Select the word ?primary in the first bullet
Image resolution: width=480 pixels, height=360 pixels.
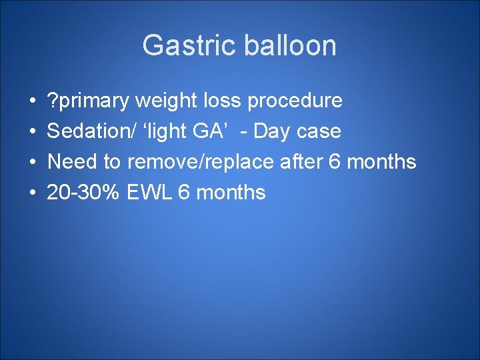88,101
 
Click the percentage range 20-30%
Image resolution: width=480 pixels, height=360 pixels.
83,193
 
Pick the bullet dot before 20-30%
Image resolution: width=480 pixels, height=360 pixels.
33,193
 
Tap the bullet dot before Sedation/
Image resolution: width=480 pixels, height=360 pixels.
33,132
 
